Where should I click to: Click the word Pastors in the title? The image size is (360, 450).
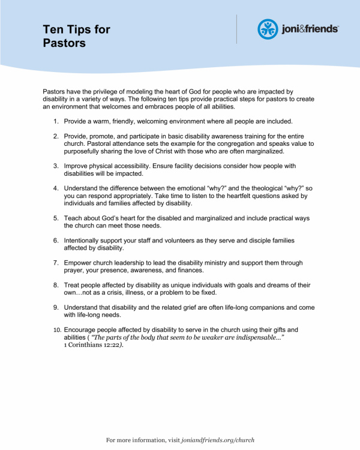[64, 43]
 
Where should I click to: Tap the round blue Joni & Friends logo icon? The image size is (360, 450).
[268, 29]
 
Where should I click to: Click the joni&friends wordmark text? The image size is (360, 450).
[310, 29]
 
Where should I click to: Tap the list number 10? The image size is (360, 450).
[56, 330]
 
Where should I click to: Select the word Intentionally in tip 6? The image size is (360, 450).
[86, 240]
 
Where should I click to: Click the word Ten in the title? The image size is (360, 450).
[52, 29]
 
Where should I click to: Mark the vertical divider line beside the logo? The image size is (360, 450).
[237, 29]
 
